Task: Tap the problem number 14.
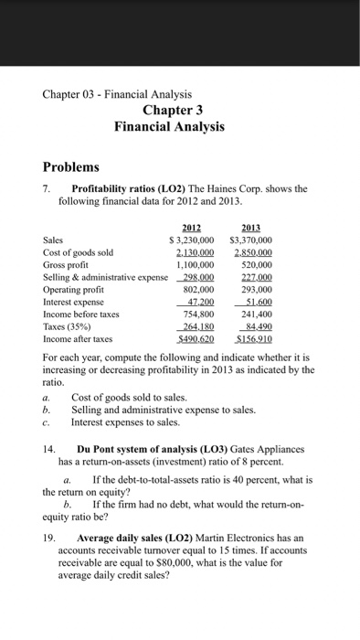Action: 51,449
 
